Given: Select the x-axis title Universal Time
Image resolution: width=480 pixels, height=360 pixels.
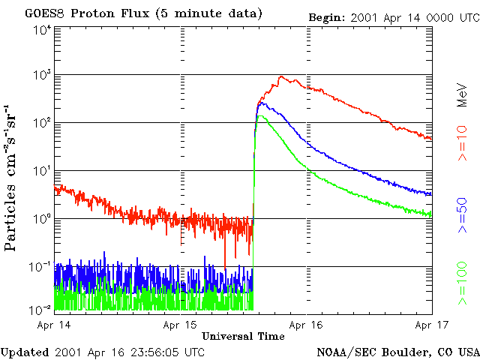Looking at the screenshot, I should pyautogui.click(x=243, y=336).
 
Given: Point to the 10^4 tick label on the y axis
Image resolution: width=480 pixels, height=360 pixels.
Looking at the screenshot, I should pyautogui.click(x=42, y=30).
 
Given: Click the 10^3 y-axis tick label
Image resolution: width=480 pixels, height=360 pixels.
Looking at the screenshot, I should pyautogui.click(x=42, y=75).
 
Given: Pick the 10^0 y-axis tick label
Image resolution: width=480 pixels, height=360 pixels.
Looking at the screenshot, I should pyautogui.click(x=42, y=218).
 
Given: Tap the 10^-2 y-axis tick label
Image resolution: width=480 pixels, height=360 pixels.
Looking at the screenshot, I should pyautogui.click(x=40, y=309).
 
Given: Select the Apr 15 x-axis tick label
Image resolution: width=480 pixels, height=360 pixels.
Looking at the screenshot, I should pyautogui.click(x=180, y=325).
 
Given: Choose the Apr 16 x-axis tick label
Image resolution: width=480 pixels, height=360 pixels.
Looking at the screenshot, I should pyautogui.click(x=306, y=325).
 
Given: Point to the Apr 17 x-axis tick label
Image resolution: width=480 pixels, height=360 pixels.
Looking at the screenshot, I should pyautogui.click(x=432, y=325).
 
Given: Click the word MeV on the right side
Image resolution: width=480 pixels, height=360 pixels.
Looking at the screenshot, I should pyautogui.click(x=463, y=95).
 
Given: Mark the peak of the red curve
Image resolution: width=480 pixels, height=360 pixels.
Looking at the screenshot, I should pyautogui.click(x=280, y=76).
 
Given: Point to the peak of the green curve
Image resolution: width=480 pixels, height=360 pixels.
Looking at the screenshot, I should pyautogui.click(x=260, y=116).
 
